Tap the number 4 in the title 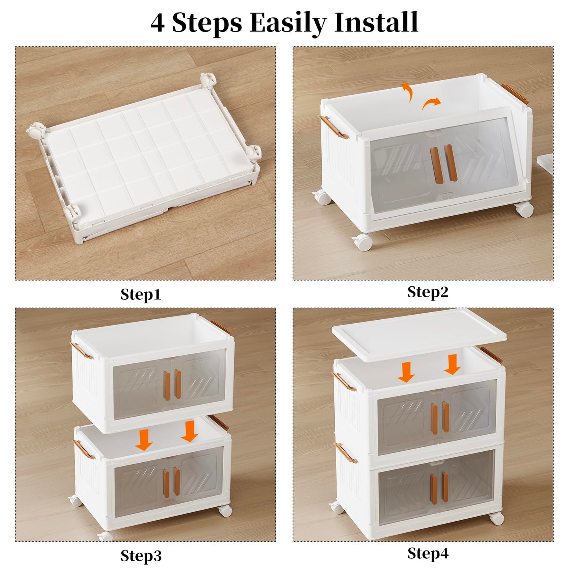coord(158,23)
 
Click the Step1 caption coord(141,295)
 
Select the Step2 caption coord(428,292)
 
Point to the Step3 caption coord(141,556)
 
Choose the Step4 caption coord(428,553)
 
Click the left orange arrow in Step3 coord(144,439)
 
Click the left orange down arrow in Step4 coord(406,373)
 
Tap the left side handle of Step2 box coord(334,127)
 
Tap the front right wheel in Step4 coord(497,518)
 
